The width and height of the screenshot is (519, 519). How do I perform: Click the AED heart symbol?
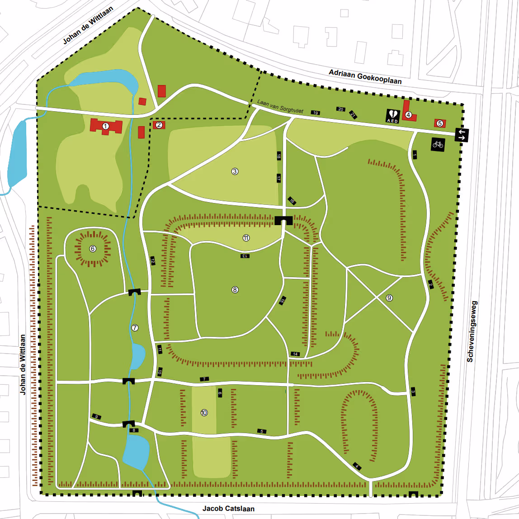[392, 115]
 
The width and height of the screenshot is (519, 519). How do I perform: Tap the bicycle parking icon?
[438, 144]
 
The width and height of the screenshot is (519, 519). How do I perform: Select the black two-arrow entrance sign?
[462, 135]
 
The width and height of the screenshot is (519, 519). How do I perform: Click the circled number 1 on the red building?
[105, 126]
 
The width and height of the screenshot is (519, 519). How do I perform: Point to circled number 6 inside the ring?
[93, 249]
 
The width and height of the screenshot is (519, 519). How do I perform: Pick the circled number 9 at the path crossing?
[389, 298]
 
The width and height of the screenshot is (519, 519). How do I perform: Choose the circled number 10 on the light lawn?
[204, 413]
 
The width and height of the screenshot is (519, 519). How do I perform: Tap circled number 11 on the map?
[246, 238]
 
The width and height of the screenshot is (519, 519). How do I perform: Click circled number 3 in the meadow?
[235, 171]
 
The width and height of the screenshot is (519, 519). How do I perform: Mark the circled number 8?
[235, 290]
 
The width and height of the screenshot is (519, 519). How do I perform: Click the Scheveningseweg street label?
[470, 331]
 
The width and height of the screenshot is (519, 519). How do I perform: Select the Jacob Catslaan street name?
[228, 509]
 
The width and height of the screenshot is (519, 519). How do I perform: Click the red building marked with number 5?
[439, 123]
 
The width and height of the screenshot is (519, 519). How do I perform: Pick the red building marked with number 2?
[159, 125]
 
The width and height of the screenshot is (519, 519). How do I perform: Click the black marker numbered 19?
[315, 113]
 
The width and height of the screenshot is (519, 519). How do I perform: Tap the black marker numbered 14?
[295, 354]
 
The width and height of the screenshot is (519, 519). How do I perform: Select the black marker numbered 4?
[357, 466]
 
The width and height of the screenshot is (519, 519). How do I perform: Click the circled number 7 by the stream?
[134, 327]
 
